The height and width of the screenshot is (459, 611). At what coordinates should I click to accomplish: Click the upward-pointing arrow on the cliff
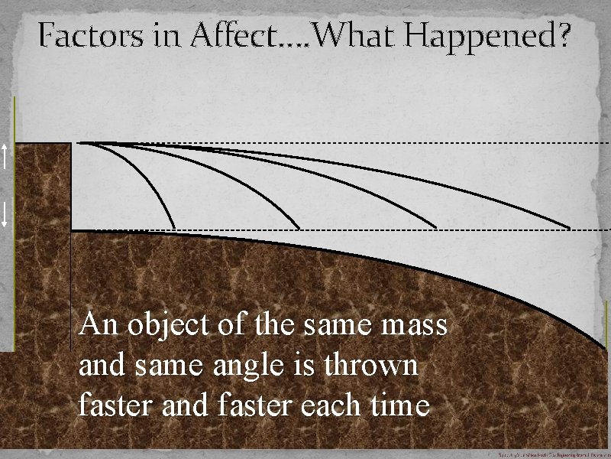coord(5,157)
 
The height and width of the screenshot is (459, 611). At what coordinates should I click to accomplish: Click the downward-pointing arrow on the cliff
coord(5,213)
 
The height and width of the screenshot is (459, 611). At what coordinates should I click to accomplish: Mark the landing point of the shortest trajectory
coord(175,228)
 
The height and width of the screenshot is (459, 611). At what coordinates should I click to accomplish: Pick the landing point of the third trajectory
coord(436,228)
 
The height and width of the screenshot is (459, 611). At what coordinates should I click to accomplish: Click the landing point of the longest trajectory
coord(571,228)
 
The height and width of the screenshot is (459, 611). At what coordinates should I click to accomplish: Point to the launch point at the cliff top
coord(79,143)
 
